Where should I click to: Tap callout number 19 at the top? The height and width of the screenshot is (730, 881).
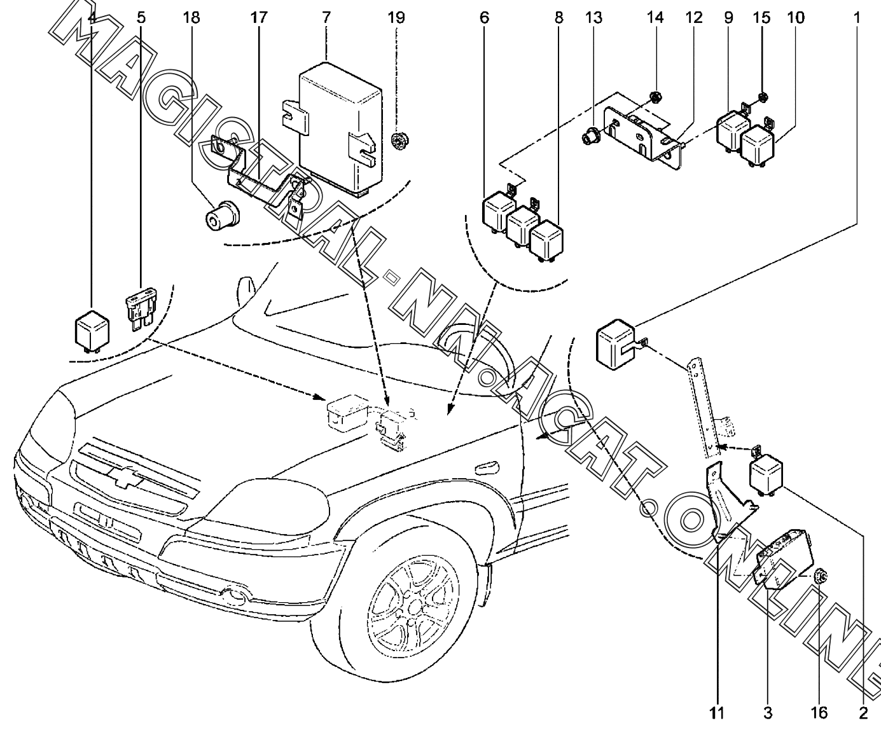pos(396,17)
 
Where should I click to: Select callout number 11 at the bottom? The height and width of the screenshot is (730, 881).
pos(717,712)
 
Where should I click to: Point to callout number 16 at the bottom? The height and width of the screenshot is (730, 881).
pos(818,712)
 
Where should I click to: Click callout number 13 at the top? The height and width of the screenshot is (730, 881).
pos(593,17)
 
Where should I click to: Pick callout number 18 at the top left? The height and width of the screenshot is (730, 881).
pos(190,17)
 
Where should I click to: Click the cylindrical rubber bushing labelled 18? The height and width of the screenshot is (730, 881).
pos(219,216)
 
